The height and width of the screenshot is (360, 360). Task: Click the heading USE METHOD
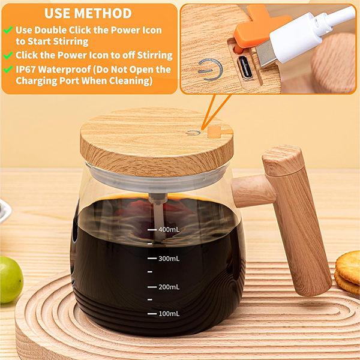[88, 13]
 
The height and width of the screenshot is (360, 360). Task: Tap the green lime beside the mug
[11, 280]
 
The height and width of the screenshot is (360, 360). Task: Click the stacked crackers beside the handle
[347, 272]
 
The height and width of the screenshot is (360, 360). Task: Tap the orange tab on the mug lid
[220, 133]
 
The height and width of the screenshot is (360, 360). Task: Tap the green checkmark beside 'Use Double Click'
[8, 29]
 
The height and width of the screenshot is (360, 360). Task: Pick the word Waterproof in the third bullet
[64, 70]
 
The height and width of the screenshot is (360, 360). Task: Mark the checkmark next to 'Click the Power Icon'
[8, 55]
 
